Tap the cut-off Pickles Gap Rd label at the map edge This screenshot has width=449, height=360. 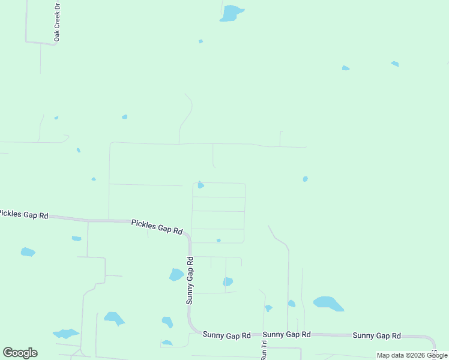tap(23, 214)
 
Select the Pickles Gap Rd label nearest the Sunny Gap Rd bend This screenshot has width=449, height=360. tap(157, 227)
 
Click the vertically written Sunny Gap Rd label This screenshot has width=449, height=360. tap(190, 280)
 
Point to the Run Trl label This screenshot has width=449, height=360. tap(264, 350)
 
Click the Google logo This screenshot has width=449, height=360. tap(20, 353)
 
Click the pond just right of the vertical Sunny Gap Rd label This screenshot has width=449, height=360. tap(228, 281)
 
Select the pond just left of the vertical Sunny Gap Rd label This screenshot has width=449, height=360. tap(176, 275)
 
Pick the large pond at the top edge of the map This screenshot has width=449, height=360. tap(231, 13)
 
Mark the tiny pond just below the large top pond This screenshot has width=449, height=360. tap(200, 41)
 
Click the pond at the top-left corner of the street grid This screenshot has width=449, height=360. tap(200, 185)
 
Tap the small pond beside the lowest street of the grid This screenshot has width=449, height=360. tap(218, 240)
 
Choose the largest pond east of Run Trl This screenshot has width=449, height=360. tap(328, 303)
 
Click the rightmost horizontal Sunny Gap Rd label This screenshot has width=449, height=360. tap(376, 335)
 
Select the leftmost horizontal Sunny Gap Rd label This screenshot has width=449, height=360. tap(226, 335)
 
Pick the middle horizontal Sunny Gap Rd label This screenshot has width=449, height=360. tap(286, 334)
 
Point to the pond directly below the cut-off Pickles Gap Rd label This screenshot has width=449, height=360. tap(28, 252)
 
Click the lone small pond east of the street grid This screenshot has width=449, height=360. tap(305, 179)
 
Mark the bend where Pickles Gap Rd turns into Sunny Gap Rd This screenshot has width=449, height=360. tap(188, 237)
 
